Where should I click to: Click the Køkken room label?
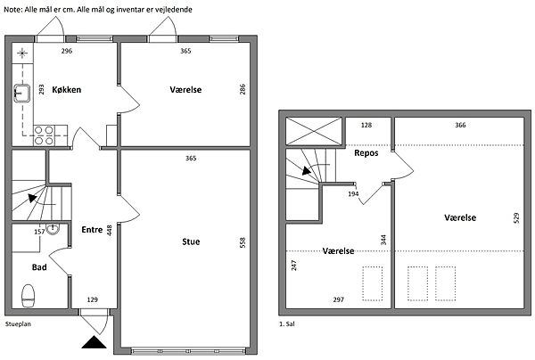point(67,90)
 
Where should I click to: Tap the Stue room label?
point(191,241)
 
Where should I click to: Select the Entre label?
point(92,230)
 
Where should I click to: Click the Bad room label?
point(39,267)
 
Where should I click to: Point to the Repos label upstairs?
point(366,153)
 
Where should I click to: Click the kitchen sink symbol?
point(22,94)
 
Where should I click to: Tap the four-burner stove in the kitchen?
point(45,135)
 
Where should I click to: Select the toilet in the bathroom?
point(29,296)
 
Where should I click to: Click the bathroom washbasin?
point(53,229)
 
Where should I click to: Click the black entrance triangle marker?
point(94,342)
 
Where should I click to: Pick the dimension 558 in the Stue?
point(243,242)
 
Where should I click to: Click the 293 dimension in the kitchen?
point(41,89)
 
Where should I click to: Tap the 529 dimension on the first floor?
point(516,218)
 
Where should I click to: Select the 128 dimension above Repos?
point(366,125)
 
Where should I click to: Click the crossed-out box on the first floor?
point(314,131)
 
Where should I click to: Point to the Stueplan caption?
point(18,323)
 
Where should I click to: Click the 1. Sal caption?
point(287,323)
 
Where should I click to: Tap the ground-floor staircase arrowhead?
point(32,198)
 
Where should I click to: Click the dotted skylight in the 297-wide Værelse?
point(372,283)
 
